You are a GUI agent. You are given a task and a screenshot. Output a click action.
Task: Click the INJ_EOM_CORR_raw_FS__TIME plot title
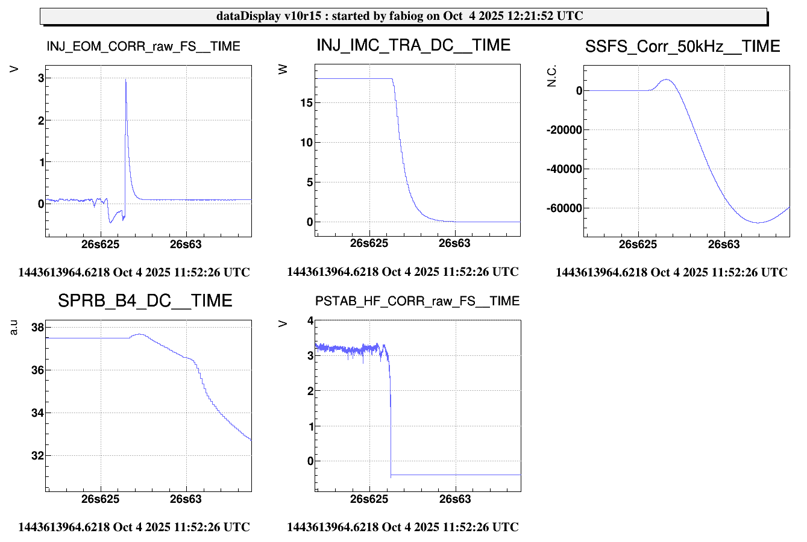[143, 46]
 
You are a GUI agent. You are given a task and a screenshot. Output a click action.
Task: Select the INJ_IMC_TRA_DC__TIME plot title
[413, 45]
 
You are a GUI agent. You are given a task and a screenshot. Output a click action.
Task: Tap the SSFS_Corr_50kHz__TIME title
[682, 46]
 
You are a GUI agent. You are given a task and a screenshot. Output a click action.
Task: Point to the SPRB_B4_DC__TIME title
[145, 301]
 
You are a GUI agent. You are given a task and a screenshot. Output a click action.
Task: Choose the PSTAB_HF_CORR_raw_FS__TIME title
[417, 301]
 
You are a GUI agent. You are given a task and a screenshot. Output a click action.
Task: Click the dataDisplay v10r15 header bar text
[400, 16]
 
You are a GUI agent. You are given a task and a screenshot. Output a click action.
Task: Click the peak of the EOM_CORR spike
[125, 80]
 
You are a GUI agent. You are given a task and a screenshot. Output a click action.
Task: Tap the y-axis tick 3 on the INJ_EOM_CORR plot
[41, 78]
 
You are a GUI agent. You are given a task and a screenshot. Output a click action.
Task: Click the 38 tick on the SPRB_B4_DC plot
[37, 328]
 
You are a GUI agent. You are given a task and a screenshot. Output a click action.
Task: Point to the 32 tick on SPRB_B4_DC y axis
[37, 455]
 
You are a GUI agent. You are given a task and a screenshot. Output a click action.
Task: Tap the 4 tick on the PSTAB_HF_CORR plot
[310, 321]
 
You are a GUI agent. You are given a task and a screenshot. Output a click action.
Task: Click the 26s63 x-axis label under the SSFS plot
[723, 244]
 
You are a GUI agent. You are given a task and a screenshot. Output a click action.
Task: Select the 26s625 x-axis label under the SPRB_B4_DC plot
[100, 499]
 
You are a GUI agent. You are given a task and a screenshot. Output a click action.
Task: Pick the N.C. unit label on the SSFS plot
[552, 76]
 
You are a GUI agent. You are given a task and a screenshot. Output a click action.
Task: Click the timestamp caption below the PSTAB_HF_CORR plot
[403, 527]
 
